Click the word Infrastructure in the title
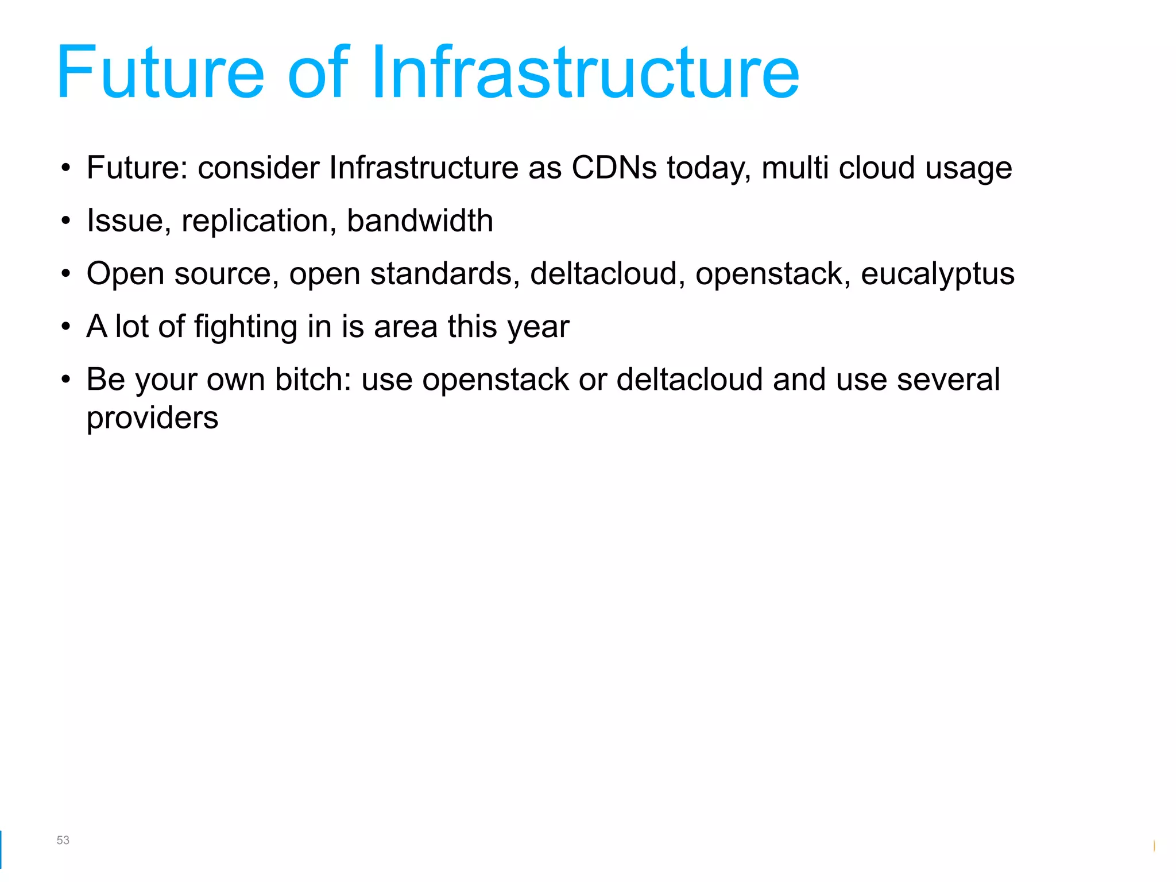pyautogui.click(x=585, y=73)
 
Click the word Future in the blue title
pyautogui.click(x=160, y=73)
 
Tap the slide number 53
pyautogui.click(x=63, y=840)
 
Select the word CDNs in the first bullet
pyautogui.click(x=614, y=168)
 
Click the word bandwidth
pyautogui.click(x=420, y=221)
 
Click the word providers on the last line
pyautogui.click(x=152, y=419)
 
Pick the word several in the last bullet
pyautogui.click(x=948, y=380)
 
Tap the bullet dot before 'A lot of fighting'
pyautogui.click(x=66, y=327)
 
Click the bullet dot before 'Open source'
pyautogui.click(x=66, y=274)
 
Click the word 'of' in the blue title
pyautogui.click(x=319, y=73)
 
